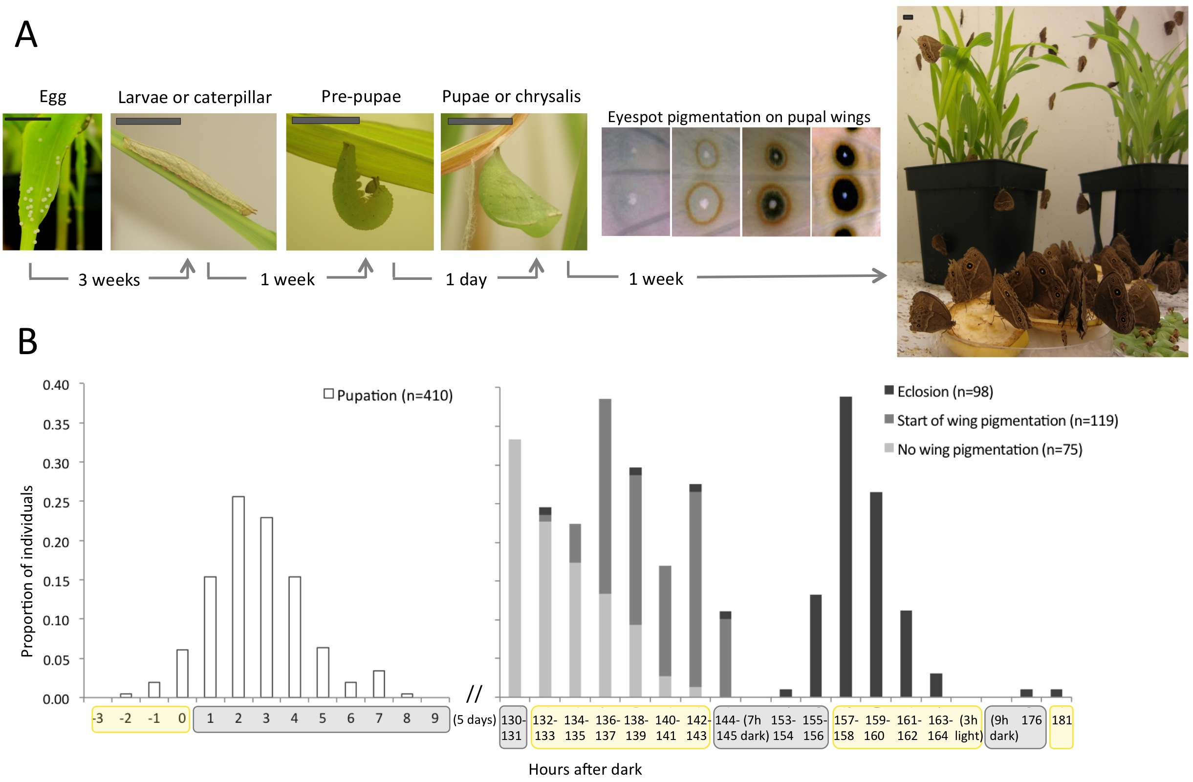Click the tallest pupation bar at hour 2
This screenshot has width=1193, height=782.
click(x=238, y=596)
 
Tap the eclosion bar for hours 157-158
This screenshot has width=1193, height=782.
click(x=845, y=546)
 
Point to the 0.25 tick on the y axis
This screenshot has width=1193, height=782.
click(x=56, y=503)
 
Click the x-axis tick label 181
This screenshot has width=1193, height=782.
click(x=1061, y=720)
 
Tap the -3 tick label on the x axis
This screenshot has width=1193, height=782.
click(x=98, y=719)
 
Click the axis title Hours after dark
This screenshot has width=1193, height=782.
click(x=585, y=769)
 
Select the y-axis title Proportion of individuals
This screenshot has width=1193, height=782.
click(x=27, y=571)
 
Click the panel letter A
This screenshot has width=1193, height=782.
click(x=26, y=35)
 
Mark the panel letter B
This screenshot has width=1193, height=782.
click(x=27, y=341)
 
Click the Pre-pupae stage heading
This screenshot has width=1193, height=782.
click(x=361, y=96)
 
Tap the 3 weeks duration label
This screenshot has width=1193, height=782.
click(x=109, y=279)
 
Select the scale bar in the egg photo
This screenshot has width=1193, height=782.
click(x=27, y=119)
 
